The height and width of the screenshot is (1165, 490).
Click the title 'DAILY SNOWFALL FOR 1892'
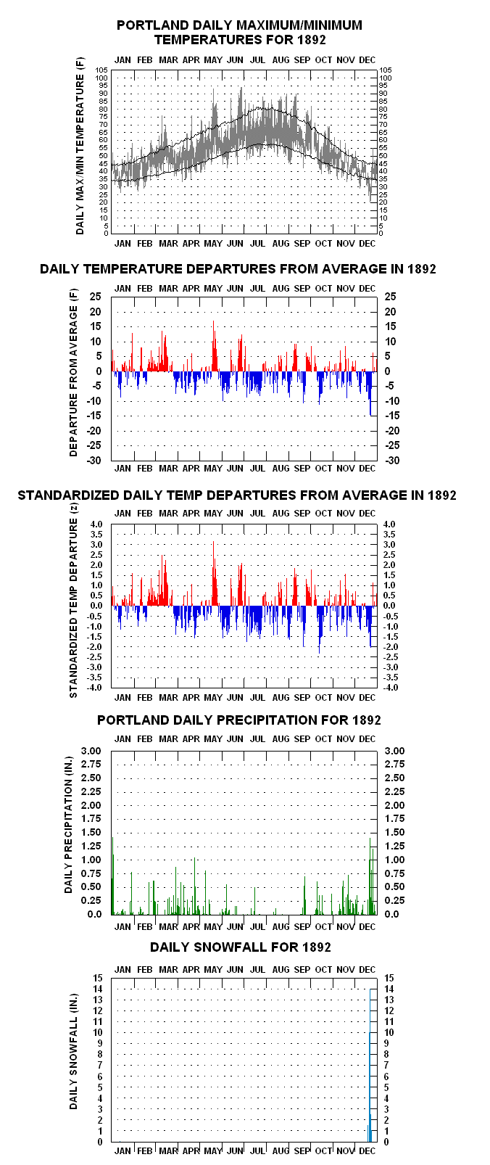tap(240, 947)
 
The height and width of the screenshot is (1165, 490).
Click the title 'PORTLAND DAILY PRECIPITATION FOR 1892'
tap(239, 720)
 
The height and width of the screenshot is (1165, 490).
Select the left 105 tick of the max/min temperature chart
tap(101, 70)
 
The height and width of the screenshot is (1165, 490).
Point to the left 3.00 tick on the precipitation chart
tap(91, 751)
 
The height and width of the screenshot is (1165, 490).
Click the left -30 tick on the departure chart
tap(94, 461)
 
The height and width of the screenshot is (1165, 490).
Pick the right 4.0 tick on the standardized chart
tap(389, 524)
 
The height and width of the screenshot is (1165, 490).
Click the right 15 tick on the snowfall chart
tap(389, 979)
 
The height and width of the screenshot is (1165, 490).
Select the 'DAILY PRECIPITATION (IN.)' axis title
tap(69, 825)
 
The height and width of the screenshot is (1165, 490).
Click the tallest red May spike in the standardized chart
tap(213, 573)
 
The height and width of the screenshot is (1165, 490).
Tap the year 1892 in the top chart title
tap(312, 39)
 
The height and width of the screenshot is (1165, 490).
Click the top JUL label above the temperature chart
tap(258, 59)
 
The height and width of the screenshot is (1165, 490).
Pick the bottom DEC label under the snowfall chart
tap(367, 1151)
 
